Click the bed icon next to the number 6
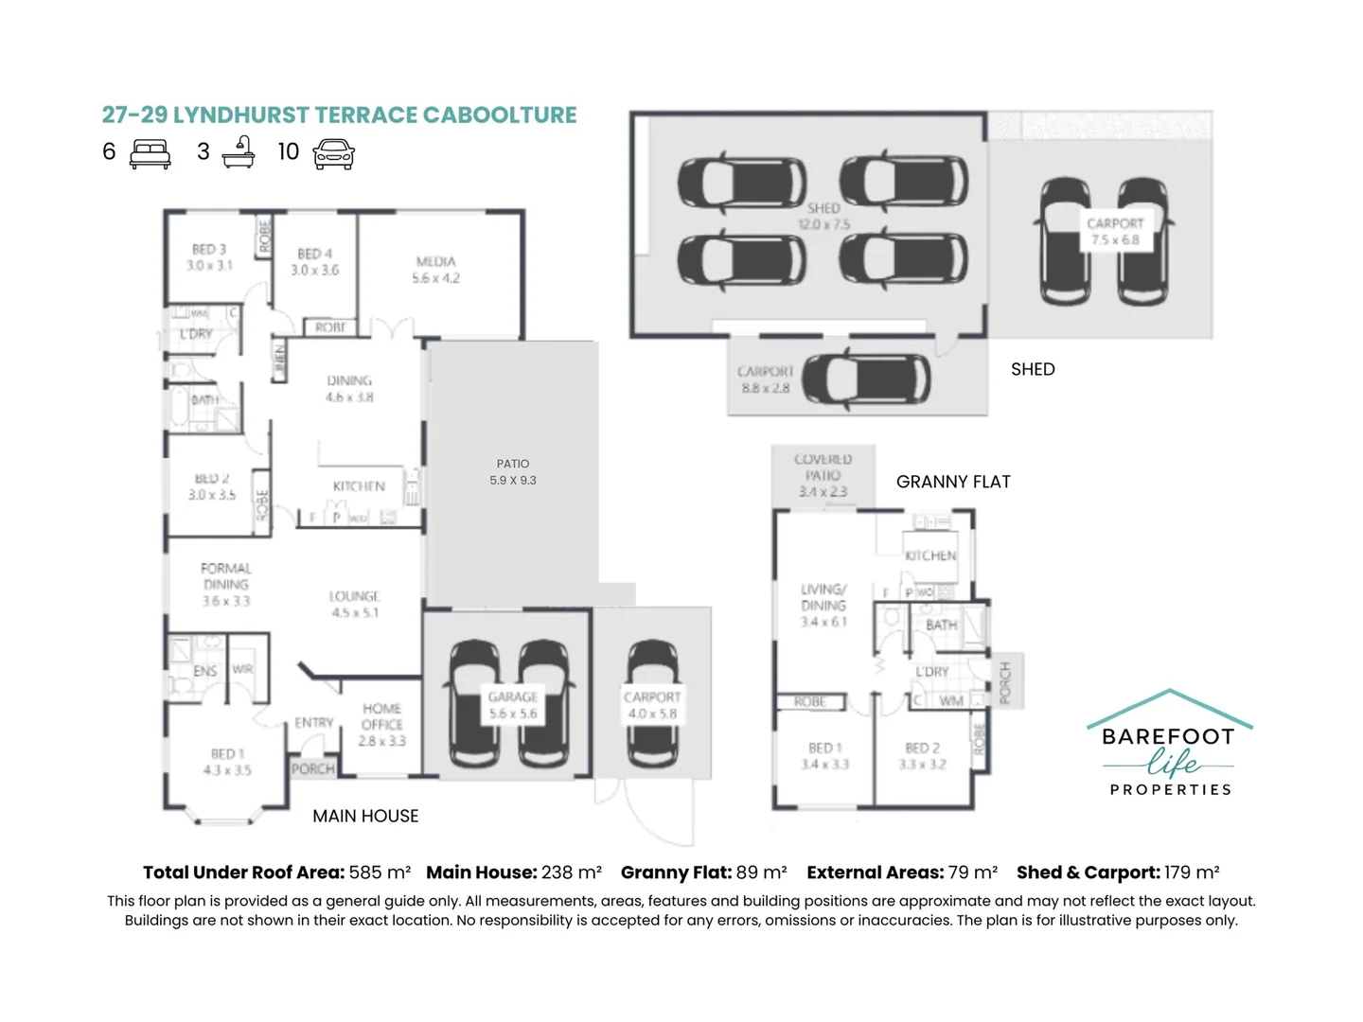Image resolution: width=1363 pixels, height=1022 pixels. click(150, 153)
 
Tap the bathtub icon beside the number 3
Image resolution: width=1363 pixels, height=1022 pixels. click(239, 152)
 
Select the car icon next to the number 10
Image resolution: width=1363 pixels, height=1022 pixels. click(333, 153)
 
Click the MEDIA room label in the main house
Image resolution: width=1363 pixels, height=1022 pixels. click(435, 269)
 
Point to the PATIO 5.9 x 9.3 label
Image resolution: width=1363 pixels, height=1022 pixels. click(513, 471)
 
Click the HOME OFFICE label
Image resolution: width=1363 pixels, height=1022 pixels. click(381, 724)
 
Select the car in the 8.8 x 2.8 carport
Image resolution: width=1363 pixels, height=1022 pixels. click(866, 379)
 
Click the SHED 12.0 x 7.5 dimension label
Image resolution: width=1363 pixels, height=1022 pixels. click(823, 224)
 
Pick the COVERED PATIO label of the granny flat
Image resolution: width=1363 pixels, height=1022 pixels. click(823, 474)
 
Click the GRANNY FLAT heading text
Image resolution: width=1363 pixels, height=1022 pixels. click(953, 482)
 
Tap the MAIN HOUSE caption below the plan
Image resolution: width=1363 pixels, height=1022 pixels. click(365, 816)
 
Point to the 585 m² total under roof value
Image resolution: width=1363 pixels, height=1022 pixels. click(380, 872)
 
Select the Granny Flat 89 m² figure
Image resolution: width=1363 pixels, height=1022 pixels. click(761, 872)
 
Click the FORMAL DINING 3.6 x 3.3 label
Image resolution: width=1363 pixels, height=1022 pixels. click(226, 584)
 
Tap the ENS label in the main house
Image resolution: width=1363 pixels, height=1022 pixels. click(205, 671)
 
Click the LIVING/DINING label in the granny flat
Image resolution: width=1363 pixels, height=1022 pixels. click(823, 605)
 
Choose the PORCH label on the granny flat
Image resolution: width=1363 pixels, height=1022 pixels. click(1005, 681)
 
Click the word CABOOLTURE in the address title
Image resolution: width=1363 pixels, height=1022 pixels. click(499, 115)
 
